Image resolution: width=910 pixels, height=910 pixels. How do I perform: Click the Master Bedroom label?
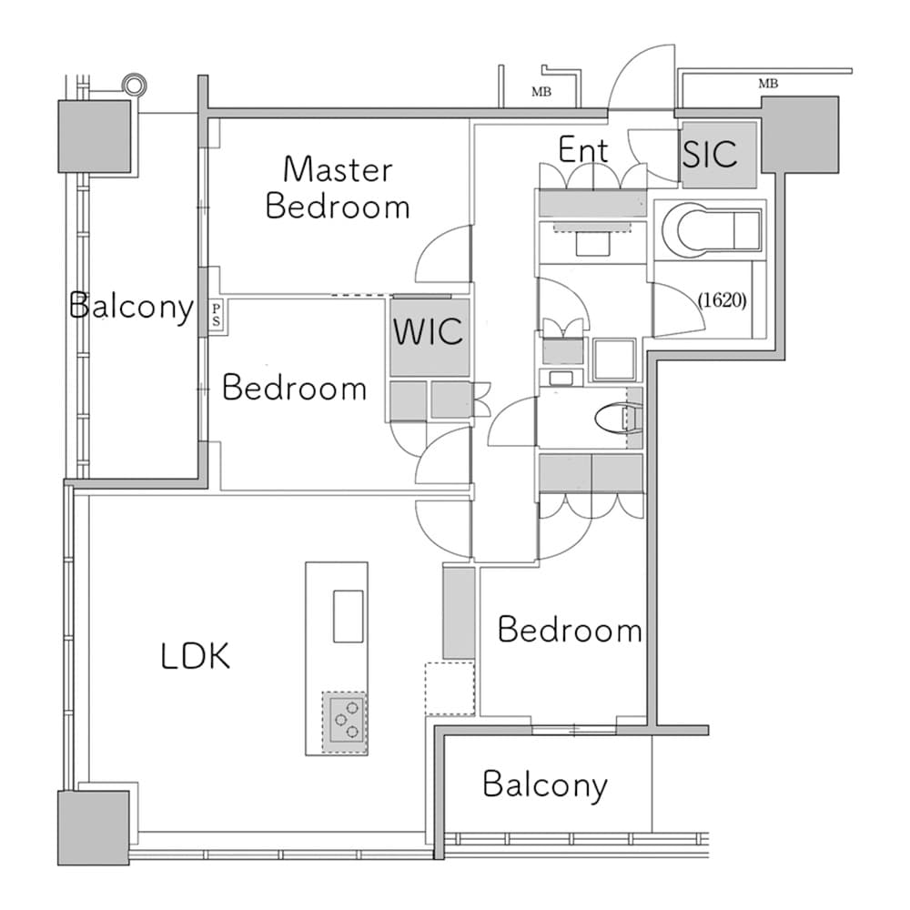coord(338,187)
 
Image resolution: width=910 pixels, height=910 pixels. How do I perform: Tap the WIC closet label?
coord(428,329)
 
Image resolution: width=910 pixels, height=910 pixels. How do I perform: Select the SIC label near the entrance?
coord(711,154)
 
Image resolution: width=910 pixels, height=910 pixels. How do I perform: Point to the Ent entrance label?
coord(582,150)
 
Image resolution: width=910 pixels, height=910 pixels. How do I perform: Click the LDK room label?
coord(195,655)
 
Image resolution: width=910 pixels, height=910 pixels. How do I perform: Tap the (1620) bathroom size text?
coord(723,300)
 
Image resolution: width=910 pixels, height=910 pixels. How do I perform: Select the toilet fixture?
coord(618,419)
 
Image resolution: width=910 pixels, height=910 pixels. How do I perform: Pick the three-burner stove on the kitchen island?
coord(346,722)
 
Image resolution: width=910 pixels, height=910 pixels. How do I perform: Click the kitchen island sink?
coord(348,616)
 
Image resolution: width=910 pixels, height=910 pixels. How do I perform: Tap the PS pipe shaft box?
coord(216,316)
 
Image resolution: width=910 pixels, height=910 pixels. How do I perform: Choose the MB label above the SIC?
coord(768,84)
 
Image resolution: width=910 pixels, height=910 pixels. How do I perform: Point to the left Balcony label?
coord(132,307)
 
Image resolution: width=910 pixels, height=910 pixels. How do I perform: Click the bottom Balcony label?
coord(545,784)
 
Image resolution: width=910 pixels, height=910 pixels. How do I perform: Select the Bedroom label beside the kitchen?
coord(570,630)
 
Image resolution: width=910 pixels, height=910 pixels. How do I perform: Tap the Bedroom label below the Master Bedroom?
coord(294,389)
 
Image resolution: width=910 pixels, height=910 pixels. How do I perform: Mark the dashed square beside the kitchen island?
coord(450,689)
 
